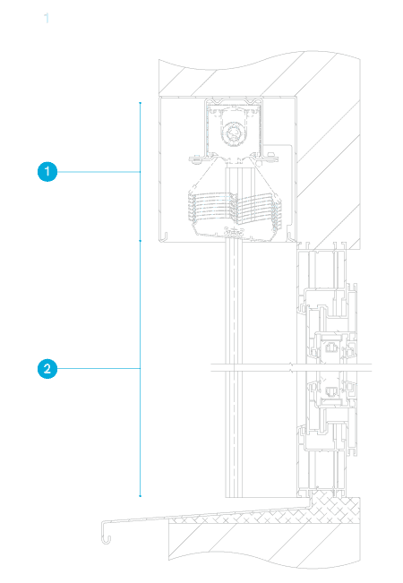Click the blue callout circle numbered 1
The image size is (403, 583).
click(x=47, y=171)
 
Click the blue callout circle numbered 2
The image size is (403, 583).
click(x=47, y=368)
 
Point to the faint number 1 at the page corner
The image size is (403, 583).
click(x=46, y=18)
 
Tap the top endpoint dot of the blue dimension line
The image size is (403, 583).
click(x=141, y=103)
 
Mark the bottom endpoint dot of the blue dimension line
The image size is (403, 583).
click(x=141, y=495)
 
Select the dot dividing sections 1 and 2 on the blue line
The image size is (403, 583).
click(x=141, y=241)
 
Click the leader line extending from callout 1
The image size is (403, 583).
click(x=99, y=172)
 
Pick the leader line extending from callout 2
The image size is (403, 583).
click(x=99, y=368)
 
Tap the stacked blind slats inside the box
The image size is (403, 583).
click(x=235, y=209)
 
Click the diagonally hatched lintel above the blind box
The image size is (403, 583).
click(x=260, y=74)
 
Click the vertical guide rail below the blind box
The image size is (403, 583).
click(x=234, y=368)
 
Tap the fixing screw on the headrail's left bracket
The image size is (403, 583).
click(x=197, y=159)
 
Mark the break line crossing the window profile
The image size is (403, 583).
click(x=291, y=368)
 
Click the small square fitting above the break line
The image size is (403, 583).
click(x=330, y=348)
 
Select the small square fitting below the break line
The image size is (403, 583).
click(x=330, y=391)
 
